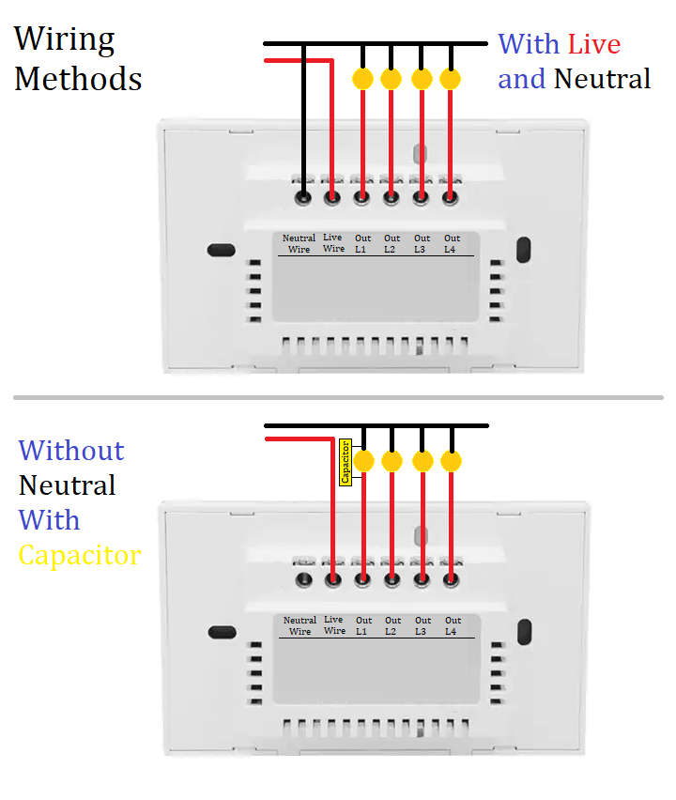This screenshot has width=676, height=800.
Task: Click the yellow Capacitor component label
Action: point(345,461)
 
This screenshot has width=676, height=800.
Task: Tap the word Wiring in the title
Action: point(65,39)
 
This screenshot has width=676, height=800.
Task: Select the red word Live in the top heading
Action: point(593,43)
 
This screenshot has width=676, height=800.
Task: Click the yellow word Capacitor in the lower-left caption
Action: point(80,554)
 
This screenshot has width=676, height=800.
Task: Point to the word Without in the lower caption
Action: point(71,450)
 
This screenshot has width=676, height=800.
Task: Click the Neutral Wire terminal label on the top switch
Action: point(300,243)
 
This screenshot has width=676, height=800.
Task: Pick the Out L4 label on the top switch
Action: point(452,243)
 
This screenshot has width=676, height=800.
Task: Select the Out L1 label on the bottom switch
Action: point(363,625)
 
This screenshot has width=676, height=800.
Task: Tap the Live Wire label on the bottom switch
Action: point(334,624)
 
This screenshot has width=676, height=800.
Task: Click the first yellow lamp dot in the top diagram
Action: point(362,79)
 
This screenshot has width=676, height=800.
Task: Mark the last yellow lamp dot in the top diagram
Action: point(451,79)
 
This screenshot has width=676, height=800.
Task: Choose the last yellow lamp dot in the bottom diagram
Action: point(452,461)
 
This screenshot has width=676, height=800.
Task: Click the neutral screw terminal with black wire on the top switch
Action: point(303,197)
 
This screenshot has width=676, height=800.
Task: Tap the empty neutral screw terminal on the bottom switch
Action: point(303,580)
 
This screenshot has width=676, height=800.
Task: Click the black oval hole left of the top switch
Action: point(221,250)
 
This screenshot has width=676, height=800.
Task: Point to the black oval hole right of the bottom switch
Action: point(524,632)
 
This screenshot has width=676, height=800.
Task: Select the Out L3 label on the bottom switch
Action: point(423,625)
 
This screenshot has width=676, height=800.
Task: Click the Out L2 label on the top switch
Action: point(392,243)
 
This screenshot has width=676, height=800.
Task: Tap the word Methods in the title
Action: point(78,78)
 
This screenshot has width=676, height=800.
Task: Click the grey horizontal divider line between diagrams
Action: point(338,397)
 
